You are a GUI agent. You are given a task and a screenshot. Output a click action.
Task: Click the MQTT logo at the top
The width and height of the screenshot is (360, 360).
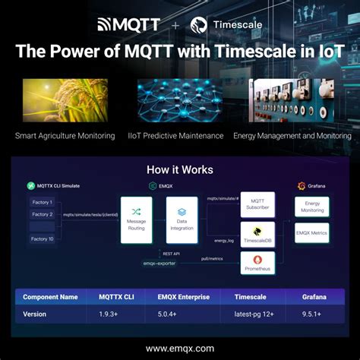pyautogui.click(x=128, y=24)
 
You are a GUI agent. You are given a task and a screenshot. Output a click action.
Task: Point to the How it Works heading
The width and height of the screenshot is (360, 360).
pyautogui.click(x=179, y=169)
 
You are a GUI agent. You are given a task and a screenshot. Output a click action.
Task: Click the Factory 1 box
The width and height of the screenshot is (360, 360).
pyautogui.click(x=42, y=203)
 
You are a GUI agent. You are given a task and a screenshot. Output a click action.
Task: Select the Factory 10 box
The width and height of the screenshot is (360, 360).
pyautogui.click(x=42, y=239)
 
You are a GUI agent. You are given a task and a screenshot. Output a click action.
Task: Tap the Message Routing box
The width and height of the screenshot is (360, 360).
pyautogui.click(x=137, y=219)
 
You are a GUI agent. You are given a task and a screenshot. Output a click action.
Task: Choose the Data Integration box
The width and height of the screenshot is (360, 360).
pyautogui.click(x=182, y=219)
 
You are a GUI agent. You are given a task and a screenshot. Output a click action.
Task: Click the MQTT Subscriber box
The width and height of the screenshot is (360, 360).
pyautogui.click(x=257, y=204)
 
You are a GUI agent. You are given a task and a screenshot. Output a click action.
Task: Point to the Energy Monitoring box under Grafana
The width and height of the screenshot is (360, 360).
pyautogui.click(x=312, y=207)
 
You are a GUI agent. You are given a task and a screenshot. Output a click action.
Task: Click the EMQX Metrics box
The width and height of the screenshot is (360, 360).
pyautogui.click(x=312, y=233)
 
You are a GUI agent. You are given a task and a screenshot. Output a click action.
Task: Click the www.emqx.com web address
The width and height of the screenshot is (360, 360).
pyautogui.click(x=179, y=349)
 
